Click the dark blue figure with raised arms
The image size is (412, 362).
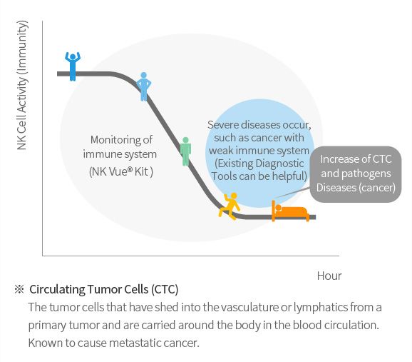click(73, 66)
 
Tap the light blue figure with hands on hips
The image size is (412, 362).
click(143, 86)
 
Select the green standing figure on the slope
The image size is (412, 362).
click(185, 151)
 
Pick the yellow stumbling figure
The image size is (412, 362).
click(229, 206)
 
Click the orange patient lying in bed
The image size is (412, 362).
click(290, 211)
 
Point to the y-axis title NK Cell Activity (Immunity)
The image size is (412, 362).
click(22, 85)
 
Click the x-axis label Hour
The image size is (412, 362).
click(329, 276)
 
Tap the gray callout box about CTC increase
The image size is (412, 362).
click(356, 174)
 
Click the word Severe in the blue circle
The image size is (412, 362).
click(223, 125)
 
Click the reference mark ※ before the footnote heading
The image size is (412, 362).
click(19, 289)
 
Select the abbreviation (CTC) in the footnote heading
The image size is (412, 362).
click(165, 289)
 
